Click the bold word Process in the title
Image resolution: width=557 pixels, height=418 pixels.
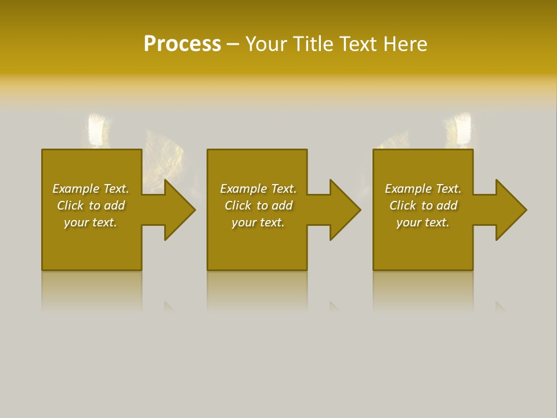coord(182,44)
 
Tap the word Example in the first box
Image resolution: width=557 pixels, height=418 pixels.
coord(76,189)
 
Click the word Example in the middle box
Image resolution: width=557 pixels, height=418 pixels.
coord(244,189)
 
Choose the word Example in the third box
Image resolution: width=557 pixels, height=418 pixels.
coord(408,189)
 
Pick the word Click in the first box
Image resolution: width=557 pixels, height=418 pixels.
coord(70,206)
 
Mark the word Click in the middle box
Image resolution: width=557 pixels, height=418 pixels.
coord(238,206)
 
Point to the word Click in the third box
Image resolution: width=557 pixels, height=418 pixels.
coord(403,206)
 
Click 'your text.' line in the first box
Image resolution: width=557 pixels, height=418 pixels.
coord(91,222)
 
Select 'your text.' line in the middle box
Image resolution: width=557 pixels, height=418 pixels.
coord(258,222)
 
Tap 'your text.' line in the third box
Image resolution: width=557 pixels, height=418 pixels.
coord(423,222)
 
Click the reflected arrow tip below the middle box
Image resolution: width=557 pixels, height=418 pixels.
coord(335,306)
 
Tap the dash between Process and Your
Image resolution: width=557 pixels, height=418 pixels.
coord(233,45)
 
